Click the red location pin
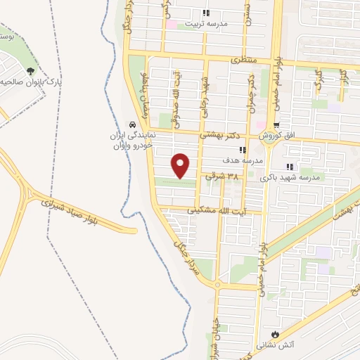coord(181,165)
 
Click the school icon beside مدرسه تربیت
coord(205,13)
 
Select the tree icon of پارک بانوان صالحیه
coord(30,72)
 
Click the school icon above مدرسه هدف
coord(243,150)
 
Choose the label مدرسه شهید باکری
coord(290,177)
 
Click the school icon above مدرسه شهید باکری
coord(290,167)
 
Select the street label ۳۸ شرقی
coord(222,177)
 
